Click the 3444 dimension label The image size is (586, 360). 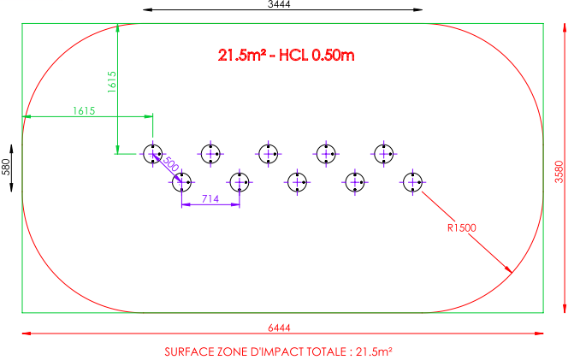pyautogui.click(x=279, y=4)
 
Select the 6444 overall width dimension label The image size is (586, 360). pyautogui.click(x=279, y=328)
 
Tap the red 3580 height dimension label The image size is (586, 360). pyautogui.click(x=559, y=171)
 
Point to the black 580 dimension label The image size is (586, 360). pyautogui.click(x=6, y=167)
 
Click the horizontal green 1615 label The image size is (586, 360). pyautogui.click(x=84, y=111)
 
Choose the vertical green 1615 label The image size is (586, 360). pyautogui.click(x=112, y=82)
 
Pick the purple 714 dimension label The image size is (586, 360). pyautogui.click(x=210, y=199)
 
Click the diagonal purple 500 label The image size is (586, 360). pyautogui.click(x=172, y=164)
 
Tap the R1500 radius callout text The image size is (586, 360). pyautogui.click(x=462, y=227)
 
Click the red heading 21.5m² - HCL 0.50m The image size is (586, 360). pyautogui.click(x=286, y=56)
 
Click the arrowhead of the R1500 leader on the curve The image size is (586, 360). pyautogui.click(x=510, y=271)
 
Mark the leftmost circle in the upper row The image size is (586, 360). pyautogui.click(x=153, y=154)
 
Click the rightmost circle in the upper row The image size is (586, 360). pyautogui.click(x=384, y=154)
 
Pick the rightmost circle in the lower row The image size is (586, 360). pyautogui.click(x=412, y=182)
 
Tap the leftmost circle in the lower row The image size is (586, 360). pyautogui.click(x=181, y=182)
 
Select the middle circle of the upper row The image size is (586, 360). pyautogui.click(x=269, y=154)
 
